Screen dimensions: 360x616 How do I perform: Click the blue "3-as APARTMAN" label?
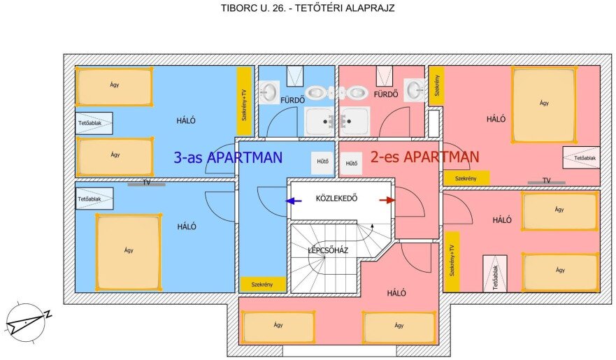tap(228, 157)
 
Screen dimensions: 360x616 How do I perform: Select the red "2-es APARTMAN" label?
tap(424, 157)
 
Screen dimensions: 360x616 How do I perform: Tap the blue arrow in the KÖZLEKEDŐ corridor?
tap(293, 200)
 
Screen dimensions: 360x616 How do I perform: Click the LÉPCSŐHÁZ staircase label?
tap(328, 250)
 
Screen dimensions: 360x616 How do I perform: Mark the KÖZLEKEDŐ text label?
tap(336, 198)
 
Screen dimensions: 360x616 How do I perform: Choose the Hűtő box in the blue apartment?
tap(322, 162)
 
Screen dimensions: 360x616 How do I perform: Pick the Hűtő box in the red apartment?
tap(352, 164)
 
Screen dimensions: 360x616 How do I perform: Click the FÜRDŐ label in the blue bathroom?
tap(292, 100)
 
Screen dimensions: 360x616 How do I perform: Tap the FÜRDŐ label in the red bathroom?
tap(385, 94)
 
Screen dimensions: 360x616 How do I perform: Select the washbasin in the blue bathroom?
tap(269, 92)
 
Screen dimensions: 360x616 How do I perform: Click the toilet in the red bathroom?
tap(357, 92)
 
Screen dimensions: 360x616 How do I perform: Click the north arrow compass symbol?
tap(28, 321)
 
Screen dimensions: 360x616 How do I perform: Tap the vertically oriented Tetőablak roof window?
tap(494, 273)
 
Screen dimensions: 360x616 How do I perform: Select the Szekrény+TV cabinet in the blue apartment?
tap(244, 102)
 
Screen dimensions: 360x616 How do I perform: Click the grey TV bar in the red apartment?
tap(546, 182)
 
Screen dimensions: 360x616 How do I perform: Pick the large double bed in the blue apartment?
tap(128, 252)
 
